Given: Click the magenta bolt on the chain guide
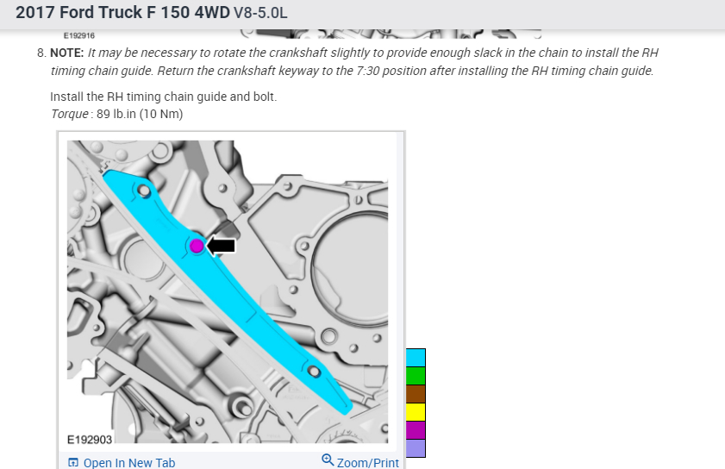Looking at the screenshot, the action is coord(197,246).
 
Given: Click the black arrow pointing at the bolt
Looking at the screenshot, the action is coord(221,246).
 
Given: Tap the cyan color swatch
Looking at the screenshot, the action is coord(416,358).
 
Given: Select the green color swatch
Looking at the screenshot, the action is coord(416,376).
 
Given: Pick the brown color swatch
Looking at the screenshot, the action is coord(416,394).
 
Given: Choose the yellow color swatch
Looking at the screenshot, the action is coord(416,411).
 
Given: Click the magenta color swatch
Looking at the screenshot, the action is coord(416,429).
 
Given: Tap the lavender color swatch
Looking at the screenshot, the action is coord(416,447).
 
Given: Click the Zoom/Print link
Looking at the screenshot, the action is coord(367,462).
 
